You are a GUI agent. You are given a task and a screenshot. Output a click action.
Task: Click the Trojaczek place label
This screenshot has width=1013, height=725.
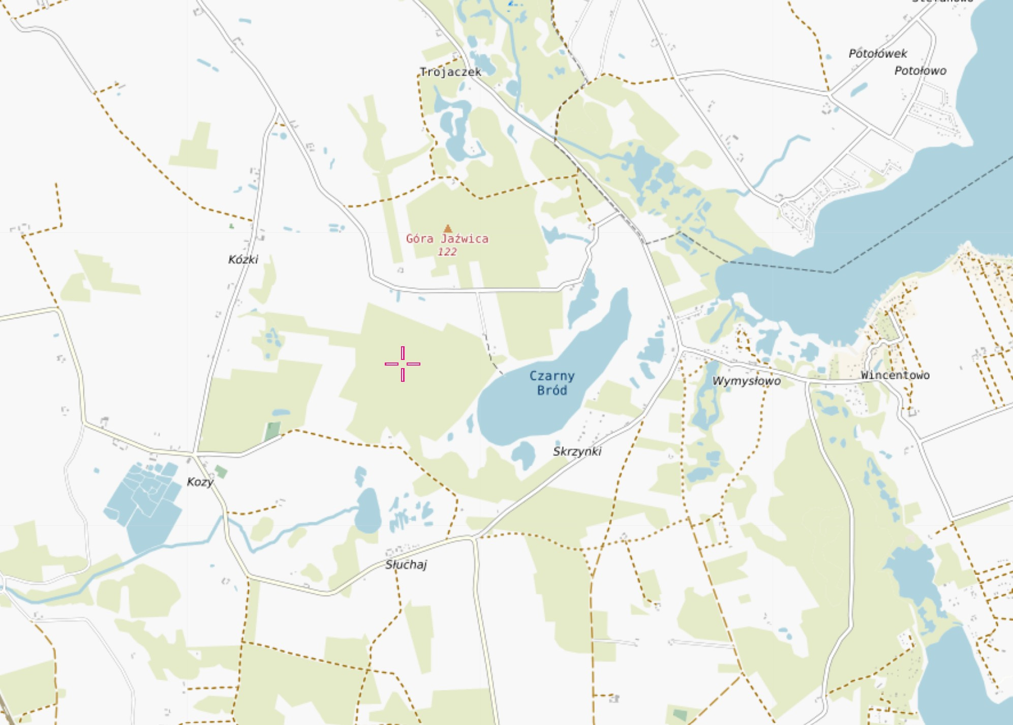(450, 72)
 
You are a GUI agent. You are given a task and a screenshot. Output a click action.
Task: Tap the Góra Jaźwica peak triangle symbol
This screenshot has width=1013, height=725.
(447, 229)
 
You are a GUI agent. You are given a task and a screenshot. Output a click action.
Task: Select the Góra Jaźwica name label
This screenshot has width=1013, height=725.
(447, 238)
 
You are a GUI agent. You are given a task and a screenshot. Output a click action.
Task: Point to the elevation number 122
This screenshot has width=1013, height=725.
(447, 252)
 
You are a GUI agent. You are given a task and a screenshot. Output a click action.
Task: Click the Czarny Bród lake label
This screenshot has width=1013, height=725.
(552, 383)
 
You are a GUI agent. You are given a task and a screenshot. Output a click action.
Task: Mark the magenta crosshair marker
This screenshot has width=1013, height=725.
(403, 364)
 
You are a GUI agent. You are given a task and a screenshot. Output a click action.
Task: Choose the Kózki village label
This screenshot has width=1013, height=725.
(243, 260)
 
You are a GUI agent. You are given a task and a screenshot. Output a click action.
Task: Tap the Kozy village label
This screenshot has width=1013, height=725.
(200, 481)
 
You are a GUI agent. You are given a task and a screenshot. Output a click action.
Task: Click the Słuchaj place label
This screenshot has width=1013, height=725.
(406, 564)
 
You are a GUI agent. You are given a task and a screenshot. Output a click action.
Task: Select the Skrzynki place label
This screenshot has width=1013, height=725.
(577, 451)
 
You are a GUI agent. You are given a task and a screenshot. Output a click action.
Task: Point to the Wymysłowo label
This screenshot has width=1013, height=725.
(746, 381)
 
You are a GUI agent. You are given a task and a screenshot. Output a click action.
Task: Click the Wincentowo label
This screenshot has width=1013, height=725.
(895, 375)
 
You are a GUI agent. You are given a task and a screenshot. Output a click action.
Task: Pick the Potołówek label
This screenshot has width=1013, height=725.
(878, 53)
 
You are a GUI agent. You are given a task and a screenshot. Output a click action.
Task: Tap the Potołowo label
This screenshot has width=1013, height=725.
(920, 71)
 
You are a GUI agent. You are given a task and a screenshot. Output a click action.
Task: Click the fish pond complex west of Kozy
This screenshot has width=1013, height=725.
(145, 503)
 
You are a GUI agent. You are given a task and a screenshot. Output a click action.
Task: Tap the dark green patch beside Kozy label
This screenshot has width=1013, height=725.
(221, 472)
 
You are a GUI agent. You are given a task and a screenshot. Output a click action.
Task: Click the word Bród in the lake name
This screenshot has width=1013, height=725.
(552, 390)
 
